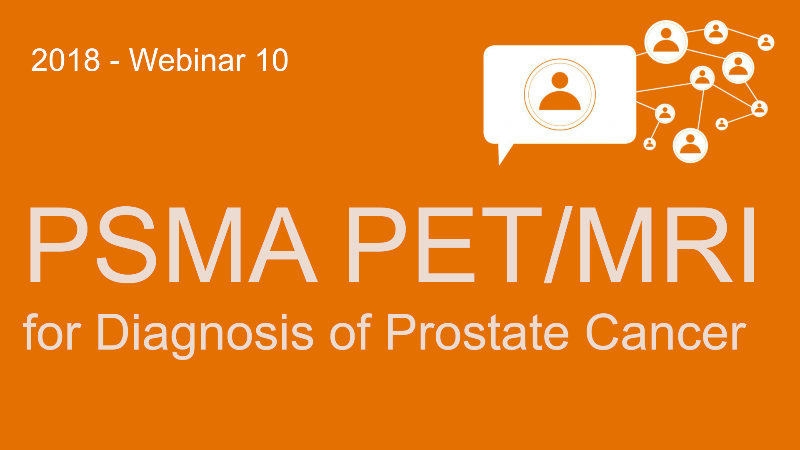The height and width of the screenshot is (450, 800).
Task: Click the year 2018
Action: pyautogui.click(x=65, y=60)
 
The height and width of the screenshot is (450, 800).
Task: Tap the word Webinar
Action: pyautogui.click(x=187, y=60)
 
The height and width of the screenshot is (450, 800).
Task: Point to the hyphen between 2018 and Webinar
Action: pyautogui.click(x=115, y=63)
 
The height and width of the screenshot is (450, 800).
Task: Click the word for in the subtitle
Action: pyautogui.click(x=52, y=332)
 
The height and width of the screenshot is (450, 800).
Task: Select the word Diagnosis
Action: pyautogui.click(x=205, y=335)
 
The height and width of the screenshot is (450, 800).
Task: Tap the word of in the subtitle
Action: pyautogui.click(x=350, y=332)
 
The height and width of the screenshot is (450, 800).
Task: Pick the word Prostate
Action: pyautogui.click(x=477, y=332)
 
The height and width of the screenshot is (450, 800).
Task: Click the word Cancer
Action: pyautogui.click(x=665, y=332)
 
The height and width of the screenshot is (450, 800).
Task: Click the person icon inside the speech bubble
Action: pyautogui.click(x=560, y=94)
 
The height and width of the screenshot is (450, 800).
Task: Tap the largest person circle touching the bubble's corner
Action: pyautogui.click(x=666, y=42)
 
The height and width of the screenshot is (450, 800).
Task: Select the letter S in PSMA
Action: pyautogui.click(x=126, y=245)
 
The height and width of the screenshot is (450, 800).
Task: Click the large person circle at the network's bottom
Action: pyautogui.click(x=690, y=145)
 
